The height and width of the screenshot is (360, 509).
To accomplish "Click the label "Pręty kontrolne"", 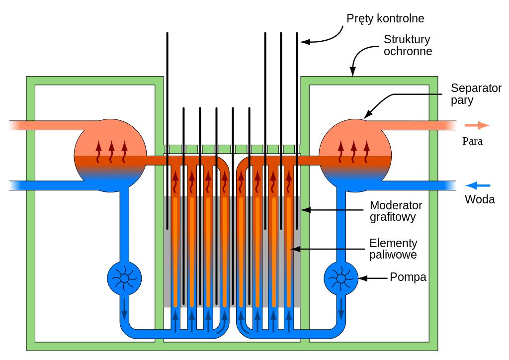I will [x=385, y=19].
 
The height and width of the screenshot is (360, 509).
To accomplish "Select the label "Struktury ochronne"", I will [x=407, y=45].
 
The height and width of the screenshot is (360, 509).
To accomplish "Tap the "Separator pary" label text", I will [x=476, y=94].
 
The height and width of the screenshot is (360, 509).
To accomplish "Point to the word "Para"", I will [x=472, y=141].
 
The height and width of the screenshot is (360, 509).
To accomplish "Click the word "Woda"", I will [x=480, y=199].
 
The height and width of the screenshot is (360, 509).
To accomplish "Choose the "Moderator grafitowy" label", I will [x=396, y=211].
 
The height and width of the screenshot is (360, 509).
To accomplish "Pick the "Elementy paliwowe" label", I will [x=393, y=249].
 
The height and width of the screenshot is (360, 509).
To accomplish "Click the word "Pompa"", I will [x=408, y=277].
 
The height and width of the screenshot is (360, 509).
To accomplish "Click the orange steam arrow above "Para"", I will [x=477, y=125].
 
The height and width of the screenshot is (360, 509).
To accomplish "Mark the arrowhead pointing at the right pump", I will [x=363, y=278].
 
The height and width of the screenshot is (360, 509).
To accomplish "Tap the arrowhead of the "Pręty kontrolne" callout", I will [x=305, y=42].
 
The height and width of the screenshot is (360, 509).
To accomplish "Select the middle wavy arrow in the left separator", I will [x=111, y=152].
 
